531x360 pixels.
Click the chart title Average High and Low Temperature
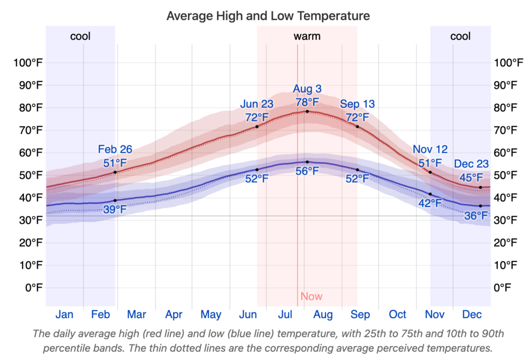pyautogui.click(x=268, y=16)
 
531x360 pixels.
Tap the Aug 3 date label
pyautogui.click(x=307, y=89)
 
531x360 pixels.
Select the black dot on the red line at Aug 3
pyautogui.click(x=307, y=112)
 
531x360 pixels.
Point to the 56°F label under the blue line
pyautogui.click(x=307, y=171)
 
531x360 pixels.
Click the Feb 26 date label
pyautogui.click(x=115, y=150)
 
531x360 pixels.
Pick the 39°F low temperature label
pyautogui.click(x=115, y=210)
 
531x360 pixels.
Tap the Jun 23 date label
pyautogui.click(x=257, y=104)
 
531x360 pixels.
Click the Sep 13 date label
pyautogui.click(x=357, y=104)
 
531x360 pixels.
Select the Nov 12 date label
pyautogui.click(x=430, y=150)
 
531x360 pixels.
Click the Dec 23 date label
pyautogui.click(x=471, y=164)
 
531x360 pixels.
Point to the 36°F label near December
pyautogui.click(x=476, y=215)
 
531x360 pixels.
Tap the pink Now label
pyautogui.click(x=311, y=297)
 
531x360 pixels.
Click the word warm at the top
pyautogui.click(x=307, y=36)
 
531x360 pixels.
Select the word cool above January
pyautogui.click(x=80, y=36)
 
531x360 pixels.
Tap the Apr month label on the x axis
pyautogui.click(x=174, y=314)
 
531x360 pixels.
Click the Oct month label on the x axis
pyautogui.click(x=398, y=314)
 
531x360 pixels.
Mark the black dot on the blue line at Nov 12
pyautogui.click(x=430, y=194)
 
